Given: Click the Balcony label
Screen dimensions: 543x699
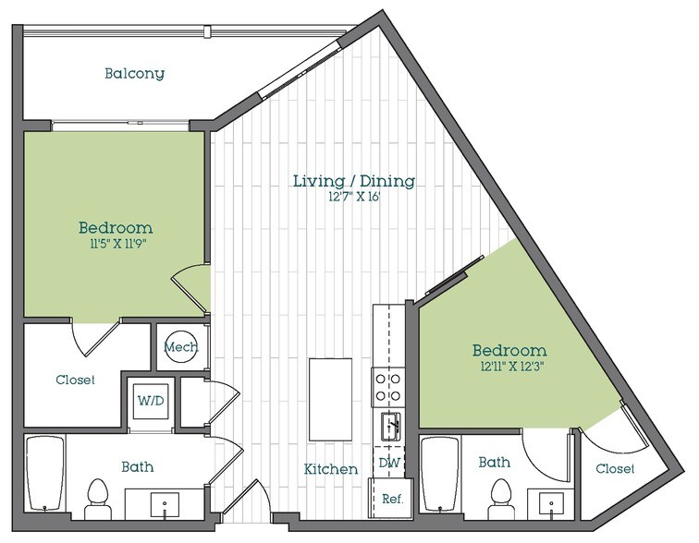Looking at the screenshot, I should pyautogui.click(x=134, y=73).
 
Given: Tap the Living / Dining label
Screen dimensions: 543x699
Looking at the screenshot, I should pyautogui.click(x=353, y=180).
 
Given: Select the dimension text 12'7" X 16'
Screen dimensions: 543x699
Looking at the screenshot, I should pyautogui.click(x=353, y=198).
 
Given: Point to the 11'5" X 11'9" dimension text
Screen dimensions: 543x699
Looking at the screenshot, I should pyautogui.click(x=115, y=245).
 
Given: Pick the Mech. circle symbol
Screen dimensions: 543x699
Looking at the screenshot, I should pyautogui.click(x=176, y=347).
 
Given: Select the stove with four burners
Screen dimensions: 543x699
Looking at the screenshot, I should pyautogui.click(x=386, y=386).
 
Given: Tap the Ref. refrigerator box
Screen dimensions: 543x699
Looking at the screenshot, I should pyautogui.click(x=391, y=498).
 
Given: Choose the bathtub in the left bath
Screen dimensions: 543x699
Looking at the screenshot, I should pyautogui.click(x=43, y=472).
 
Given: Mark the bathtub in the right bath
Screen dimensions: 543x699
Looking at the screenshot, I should pyautogui.click(x=441, y=472).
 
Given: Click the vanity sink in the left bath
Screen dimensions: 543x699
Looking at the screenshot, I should pyautogui.click(x=165, y=506).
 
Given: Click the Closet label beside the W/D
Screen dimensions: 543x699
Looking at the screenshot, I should pyautogui.click(x=75, y=380).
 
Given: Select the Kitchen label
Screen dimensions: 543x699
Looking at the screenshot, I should pyautogui.click(x=330, y=469).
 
